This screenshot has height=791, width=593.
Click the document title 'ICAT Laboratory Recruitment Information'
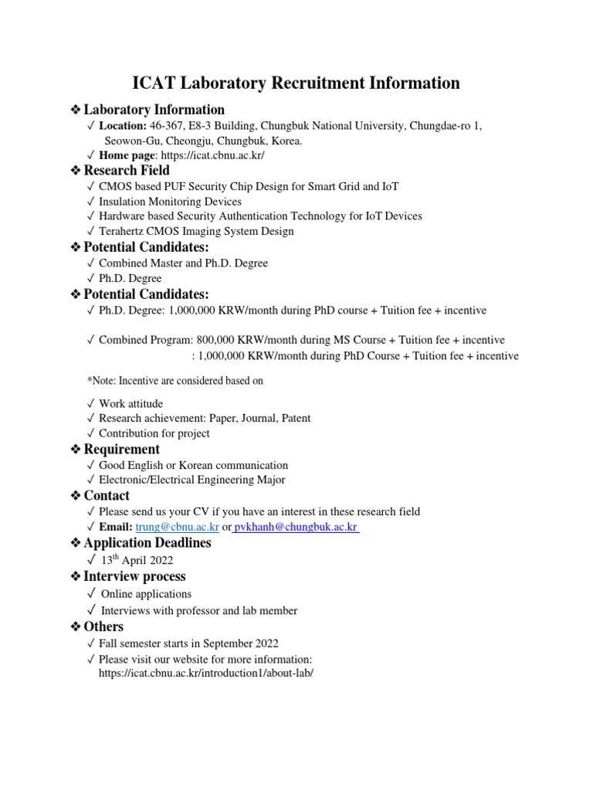point(296,83)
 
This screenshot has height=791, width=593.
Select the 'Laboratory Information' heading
point(154,110)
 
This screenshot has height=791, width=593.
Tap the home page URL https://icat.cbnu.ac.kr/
point(210,155)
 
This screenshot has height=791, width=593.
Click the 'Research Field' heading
point(127,170)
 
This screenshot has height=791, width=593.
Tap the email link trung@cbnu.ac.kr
point(177,527)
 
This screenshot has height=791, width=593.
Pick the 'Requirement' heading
point(121,449)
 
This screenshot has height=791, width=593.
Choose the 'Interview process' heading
point(134,576)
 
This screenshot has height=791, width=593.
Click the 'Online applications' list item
point(146,594)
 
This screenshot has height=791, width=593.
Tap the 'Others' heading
point(103,626)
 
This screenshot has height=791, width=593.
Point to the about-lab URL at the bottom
point(206,673)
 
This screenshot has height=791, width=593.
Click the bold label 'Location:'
point(123,125)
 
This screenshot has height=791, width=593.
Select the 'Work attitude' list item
point(130,403)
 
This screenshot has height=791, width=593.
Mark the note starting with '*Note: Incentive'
point(175,381)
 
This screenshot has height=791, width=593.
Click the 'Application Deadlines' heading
point(147,543)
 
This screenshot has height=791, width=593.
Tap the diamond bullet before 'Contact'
point(75,496)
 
